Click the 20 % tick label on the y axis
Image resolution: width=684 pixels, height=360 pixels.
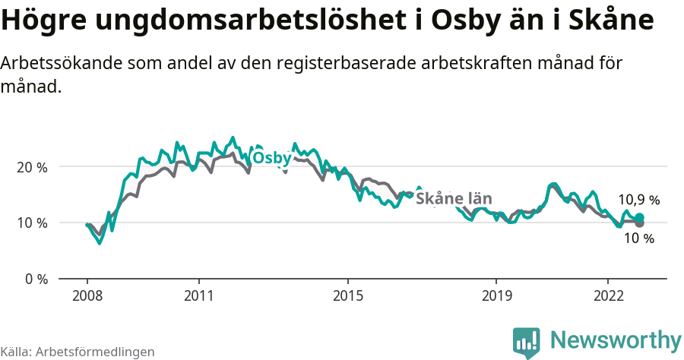coord(31,167)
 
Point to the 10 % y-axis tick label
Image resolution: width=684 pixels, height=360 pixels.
coord(31,223)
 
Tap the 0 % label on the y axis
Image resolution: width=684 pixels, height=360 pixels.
coord(35,279)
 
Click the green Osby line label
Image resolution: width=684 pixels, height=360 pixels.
coord(271,158)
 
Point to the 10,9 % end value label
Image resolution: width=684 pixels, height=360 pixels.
coord(638,201)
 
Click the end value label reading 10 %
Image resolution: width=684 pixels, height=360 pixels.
coord(638,238)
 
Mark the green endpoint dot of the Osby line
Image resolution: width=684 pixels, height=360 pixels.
coord(639,218)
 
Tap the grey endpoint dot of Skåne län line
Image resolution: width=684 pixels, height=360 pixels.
coord(639,223)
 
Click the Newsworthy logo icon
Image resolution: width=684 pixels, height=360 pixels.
coord(527,342)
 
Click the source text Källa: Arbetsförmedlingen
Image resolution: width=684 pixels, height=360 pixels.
coord(78,352)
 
